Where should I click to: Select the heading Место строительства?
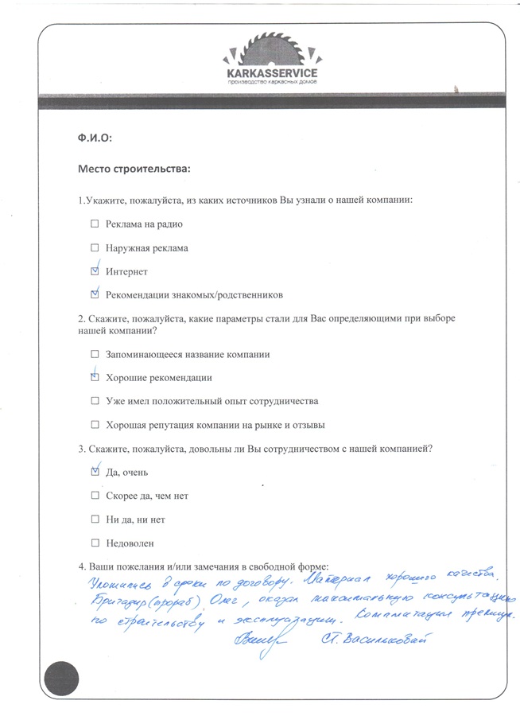click(x=134, y=169)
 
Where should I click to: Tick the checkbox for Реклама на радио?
click(x=95, y=224)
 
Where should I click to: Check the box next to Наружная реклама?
click(x=95, y=248)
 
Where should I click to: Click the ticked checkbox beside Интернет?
click(x=95, y=271)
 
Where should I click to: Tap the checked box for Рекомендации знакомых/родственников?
click(x=95, y=294)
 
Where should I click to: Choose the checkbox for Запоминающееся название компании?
click(x=95, y=354)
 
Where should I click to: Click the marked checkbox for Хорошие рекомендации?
click(x=95, y=377)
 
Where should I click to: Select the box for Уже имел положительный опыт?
click(x=95, y=401)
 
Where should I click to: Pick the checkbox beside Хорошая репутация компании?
click(x=95, y=424)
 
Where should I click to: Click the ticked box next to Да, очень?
click(x=95, y=472)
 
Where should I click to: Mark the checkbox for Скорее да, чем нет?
click(x=95, y=496)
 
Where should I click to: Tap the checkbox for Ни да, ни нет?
click(x=95, y=519)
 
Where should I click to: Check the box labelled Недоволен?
click(x=95, y=543)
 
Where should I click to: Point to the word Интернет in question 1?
click(x=126, y=272)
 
